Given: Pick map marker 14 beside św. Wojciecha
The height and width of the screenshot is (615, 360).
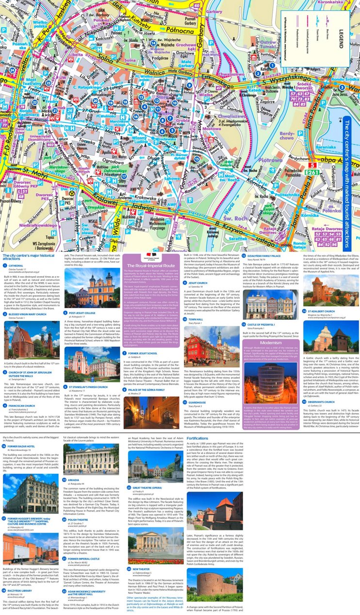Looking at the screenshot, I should [x=153, y=43].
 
